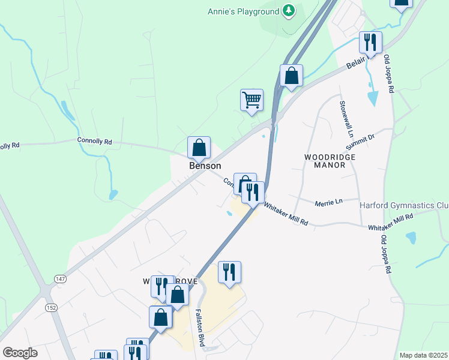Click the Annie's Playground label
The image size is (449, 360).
pyautogui.click(x=243, y=11)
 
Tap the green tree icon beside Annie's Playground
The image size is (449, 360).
pyautogui.click(x=289, y=11)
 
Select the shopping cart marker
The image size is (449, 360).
pyautogui.click(x=252, y=100)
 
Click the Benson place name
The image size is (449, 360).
pyautogui.click(x=205, y=166)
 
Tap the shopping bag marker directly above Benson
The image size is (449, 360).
pyautogui.click(x=199, y=148)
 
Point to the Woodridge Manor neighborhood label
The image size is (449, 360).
pyautogui.click(x=330, y=161)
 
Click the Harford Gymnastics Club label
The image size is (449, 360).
pyautogui.click(x=404, y=205)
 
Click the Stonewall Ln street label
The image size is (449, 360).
pyautogui.click(x=343, y=110)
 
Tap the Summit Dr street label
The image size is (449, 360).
pyautogui.click(x=360, y=142)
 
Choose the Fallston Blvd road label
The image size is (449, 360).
pyautogui.click(x=200, y=328)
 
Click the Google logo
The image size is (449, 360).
pyautogui.click(x=20, y=352)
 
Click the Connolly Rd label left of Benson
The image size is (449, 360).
pyautogui.click(x=94, y=142)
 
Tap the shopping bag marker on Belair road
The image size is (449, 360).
pyautogui.click(x=291, y=76)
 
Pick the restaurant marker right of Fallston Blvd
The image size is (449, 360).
pyautogui.click(x=229, y=272)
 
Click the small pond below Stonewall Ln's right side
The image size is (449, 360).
pyautogui.click(x=373, y=97)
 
